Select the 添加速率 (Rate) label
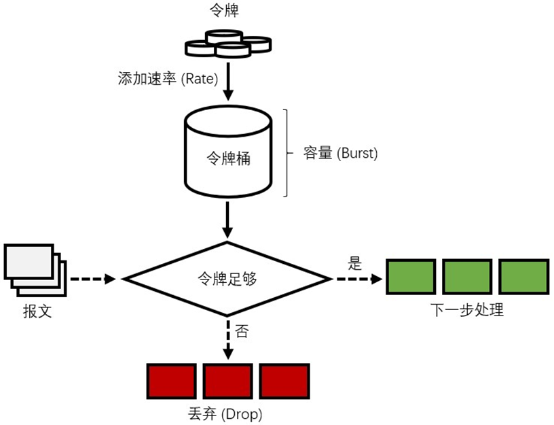[168, 79]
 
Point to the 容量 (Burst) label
[340, 153]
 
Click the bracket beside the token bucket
[290, 153]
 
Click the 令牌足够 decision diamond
[227, 278]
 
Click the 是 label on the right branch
[355, 264]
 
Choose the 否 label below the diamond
[242, 332]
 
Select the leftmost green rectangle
[411, 276]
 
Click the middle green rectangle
[467, 276]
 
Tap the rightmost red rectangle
[284, 381]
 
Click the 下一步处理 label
[467, 310]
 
